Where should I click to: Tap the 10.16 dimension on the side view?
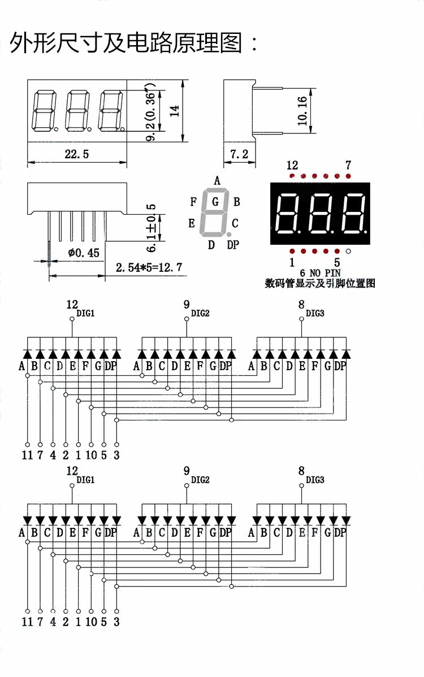(302, 110)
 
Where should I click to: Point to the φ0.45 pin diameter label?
(83, 253)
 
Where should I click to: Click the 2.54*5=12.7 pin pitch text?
(149, 267)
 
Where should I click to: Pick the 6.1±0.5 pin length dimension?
(151, 229)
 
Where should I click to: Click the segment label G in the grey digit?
(215, 201)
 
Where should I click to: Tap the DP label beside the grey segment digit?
(232, 245)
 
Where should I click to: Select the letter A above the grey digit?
(217, 180)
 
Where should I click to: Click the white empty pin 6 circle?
(348, 251)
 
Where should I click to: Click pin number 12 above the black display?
(292, 166)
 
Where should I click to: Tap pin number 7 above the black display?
(348, 166)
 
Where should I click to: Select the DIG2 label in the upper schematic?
(200, 313)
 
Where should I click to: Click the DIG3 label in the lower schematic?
(315, 480)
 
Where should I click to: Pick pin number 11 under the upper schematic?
(27, 454)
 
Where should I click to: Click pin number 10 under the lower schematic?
(91, 622)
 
